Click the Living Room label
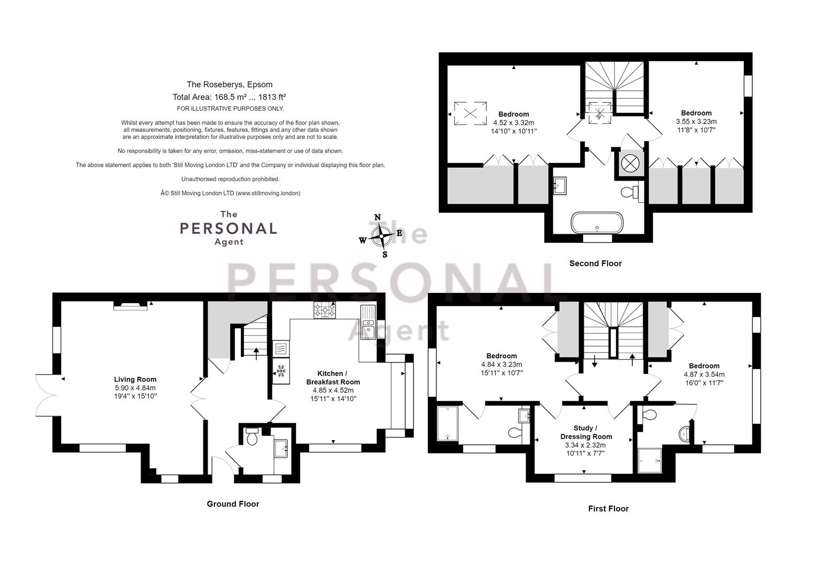pyautogui.click(x=135, y=379)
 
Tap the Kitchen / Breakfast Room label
pyautogui.click(x=333, y=377)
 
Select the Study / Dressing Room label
pyautogui.click(x=586, y=432)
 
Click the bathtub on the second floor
pyautogui.click(x=597, y=222)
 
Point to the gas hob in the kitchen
pyautogui.click(x=324, y=310)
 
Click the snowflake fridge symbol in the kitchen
pyautogui.click(x=281, y=371)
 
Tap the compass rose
pyautogui.click(x=381, y=236)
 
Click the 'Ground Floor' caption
pyautogui.click(x=233, y=504)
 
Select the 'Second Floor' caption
pyautogui.click(x=595, y=263)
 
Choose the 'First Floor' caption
pyautogui.click(x=609, y=509)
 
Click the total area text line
pyautogui.click(x=229, y=97)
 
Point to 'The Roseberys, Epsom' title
pyautogui.click(x=229, y=84)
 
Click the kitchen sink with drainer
pyautogui.click(x=368, y=322)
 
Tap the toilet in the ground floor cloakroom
pyautogui.click(x=252, y=436)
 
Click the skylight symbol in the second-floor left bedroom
pyautogui.click(x=470, y=113)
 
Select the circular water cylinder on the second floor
pyautogui.click(x=630, y=164)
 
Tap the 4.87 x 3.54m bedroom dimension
pyautogui.click(x=704, y=375)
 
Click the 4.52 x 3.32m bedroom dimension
pyautogui.click(x=513, y=122)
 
